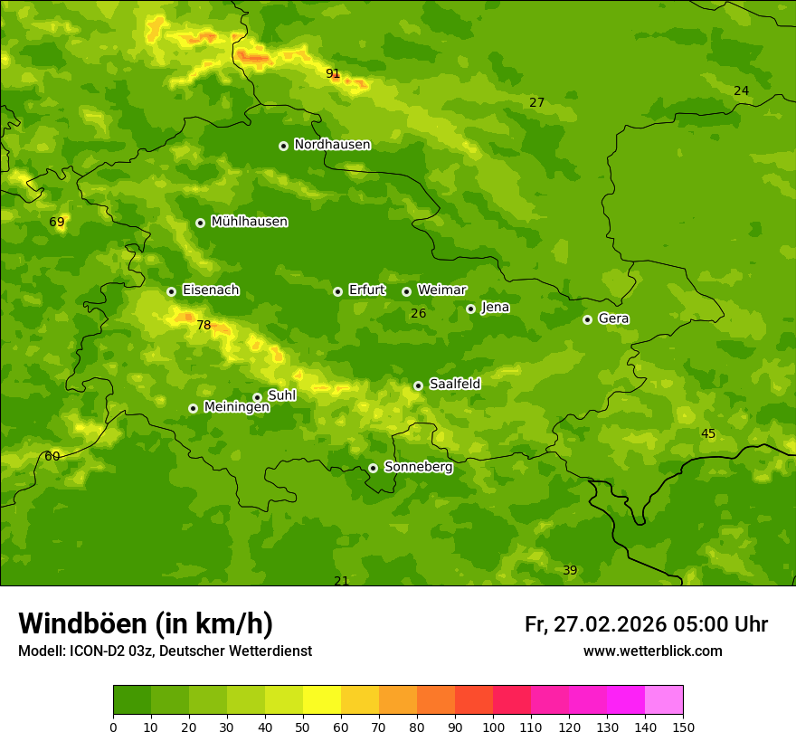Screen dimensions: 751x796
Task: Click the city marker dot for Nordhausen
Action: (283, 146)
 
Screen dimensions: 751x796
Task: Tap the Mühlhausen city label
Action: (249, 222)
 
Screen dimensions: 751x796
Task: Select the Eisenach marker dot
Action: (171, 291)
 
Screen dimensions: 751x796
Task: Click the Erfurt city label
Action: (366, 290)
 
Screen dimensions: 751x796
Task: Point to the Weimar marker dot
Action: (406, 291)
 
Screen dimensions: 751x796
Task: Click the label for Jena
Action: (495, 308)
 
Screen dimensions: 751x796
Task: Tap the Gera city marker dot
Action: (587, 319)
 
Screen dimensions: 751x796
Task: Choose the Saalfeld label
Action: (454, 385)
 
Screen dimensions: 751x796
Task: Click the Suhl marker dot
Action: (257, 397)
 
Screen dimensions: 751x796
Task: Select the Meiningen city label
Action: (236, 407)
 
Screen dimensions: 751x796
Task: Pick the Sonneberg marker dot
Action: (373, 468)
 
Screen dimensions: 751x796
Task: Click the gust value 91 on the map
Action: (333, 73)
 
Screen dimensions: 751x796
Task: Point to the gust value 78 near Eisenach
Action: (204, 326)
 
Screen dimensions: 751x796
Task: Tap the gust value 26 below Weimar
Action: (418, 314)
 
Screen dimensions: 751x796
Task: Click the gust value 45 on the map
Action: (708, 434)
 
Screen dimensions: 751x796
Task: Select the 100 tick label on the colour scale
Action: (493, 727)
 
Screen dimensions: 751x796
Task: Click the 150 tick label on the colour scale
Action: (682, 727)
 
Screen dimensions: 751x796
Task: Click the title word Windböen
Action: (82, 623)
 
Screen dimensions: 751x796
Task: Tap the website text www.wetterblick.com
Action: (652, 651)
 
